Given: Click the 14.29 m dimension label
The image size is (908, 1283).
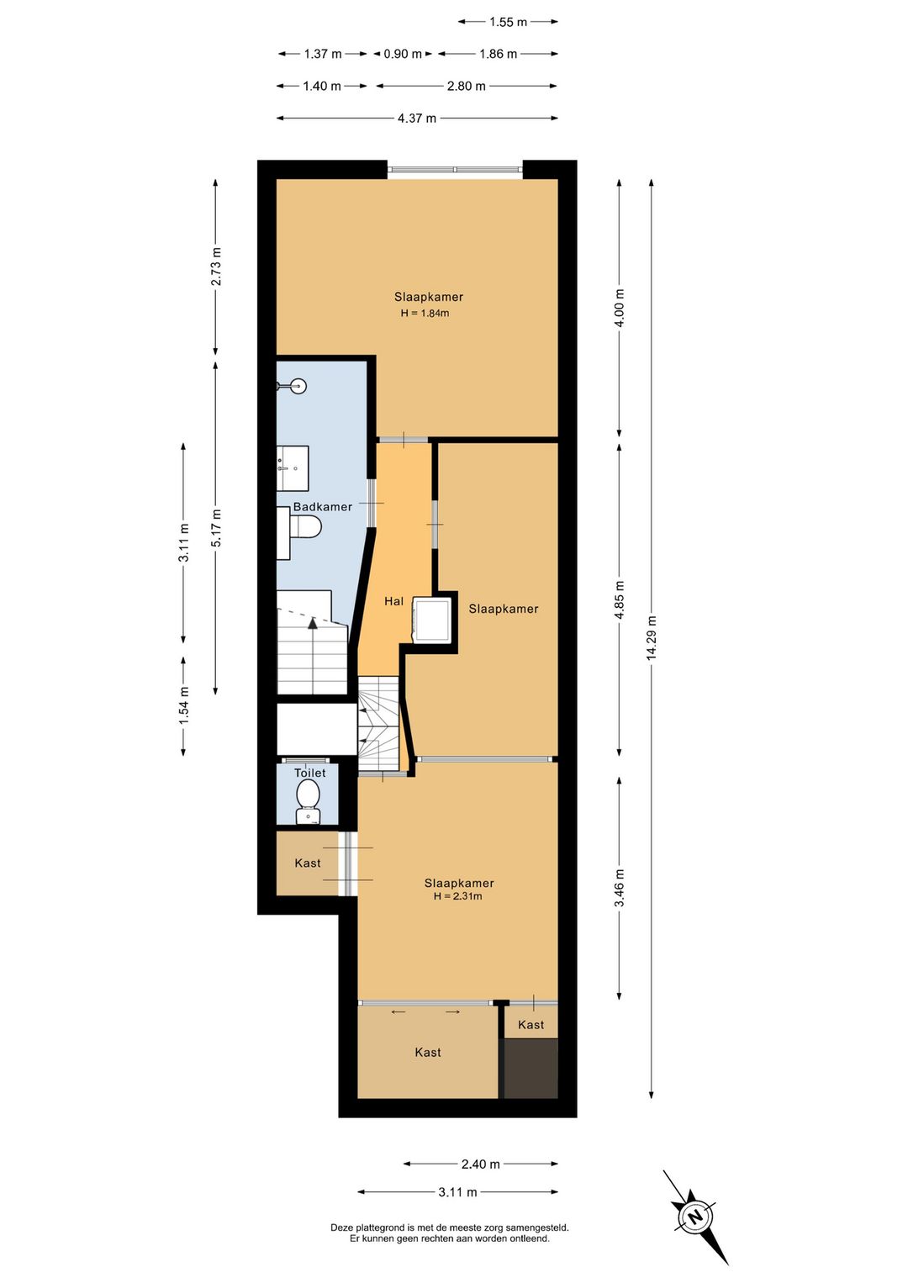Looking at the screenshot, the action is pyautogui.click(x=651, y=638).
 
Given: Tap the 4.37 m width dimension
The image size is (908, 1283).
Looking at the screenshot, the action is pyautogui.click(x=417, y=119).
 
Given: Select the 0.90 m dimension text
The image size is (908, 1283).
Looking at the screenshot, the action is pyautogui.click(x=403, y=54).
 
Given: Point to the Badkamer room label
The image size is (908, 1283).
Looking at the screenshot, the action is pyautogui.click(x=323, y=507).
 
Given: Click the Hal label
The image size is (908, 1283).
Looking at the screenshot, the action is pyautogui.click(x=393, y=601).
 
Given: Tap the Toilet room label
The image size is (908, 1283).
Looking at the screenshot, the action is pyautogui.click(x=310, y=773).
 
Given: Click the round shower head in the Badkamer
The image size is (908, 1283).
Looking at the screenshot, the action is pyautogui.click(x=298, y=386).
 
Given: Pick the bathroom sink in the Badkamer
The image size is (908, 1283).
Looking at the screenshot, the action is pyautogui.click(x=293, y=468).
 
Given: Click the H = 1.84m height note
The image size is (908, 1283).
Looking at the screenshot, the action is pyautogui.click(x=425, y=314).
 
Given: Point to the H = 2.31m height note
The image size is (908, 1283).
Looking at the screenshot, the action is pyautogui.click(x=457, y=896).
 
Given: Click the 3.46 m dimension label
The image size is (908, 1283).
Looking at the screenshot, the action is pyautogui.click(x=619, y=888).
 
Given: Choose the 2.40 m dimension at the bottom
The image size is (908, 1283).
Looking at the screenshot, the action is pyautogui.click(x=481, y=1164).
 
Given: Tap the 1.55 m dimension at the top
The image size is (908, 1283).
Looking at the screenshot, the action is pyautogui.click(x=508, y=22).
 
